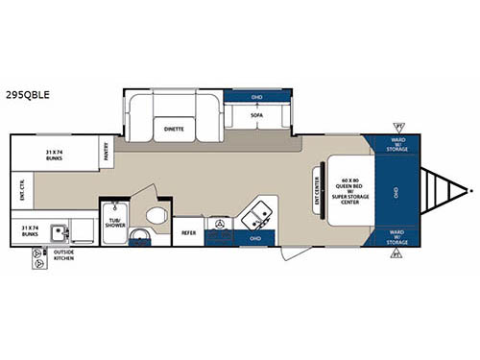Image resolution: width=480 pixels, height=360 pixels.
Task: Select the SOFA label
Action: point(257,114)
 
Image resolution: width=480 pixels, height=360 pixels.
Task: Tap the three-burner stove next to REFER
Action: point(221,225)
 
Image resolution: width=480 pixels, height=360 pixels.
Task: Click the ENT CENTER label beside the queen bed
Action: point(317,189)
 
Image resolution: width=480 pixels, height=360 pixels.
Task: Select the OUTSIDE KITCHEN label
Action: point(56,258)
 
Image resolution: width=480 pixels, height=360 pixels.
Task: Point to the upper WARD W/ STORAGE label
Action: point(396,144)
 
